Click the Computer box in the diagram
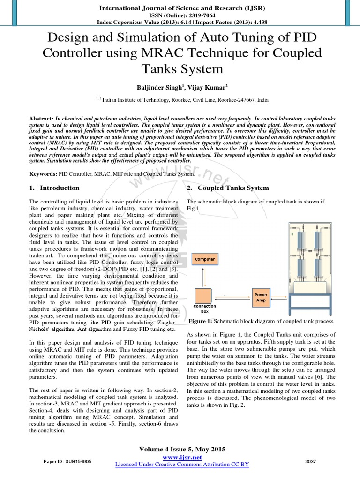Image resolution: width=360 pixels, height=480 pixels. click(x=205, y=259)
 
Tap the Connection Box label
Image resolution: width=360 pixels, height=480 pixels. click(x=204, y=308)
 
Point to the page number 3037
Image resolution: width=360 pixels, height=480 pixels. click(x=310, y=462)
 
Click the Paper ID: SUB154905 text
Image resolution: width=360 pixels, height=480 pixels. click(x=67, y=462)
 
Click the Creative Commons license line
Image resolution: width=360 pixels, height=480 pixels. click(x=182, y=464)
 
